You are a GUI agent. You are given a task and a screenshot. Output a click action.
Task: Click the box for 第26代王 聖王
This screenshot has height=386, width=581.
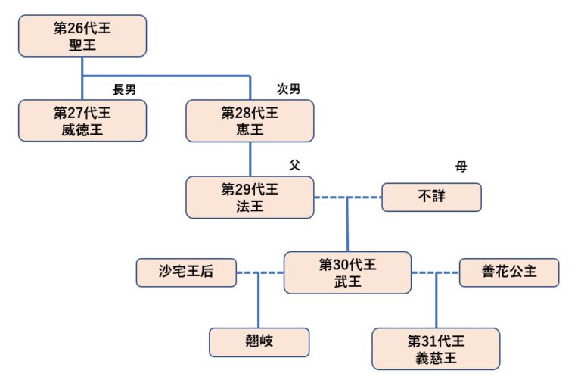[82, 36]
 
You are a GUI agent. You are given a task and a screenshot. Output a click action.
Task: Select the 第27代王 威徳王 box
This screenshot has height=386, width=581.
[82, 120]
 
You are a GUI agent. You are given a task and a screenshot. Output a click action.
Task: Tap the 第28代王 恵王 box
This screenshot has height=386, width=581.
[250, 120]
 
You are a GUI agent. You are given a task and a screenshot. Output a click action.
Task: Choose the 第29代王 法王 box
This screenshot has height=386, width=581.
[250, 197]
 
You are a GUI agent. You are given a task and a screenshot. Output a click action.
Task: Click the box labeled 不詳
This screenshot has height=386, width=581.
[431, 198]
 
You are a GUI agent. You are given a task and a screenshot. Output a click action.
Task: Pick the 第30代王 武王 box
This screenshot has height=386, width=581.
[347, 272]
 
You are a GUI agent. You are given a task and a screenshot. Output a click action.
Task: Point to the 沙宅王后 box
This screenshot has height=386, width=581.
[186, 272]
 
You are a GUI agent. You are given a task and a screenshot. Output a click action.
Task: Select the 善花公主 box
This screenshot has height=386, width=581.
[509, 272]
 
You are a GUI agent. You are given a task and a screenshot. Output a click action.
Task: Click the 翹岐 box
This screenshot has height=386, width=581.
[259, 342]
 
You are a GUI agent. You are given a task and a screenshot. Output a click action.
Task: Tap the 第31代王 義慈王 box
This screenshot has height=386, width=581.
[436, 348]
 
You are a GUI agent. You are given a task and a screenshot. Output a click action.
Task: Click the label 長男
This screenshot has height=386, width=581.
[124, 89]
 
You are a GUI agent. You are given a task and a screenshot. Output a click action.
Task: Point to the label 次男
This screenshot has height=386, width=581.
[288, 89]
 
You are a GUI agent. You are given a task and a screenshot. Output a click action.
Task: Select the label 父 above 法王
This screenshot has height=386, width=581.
[294, 165]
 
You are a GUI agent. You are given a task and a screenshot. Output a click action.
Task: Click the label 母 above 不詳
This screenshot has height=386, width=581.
[461, 166]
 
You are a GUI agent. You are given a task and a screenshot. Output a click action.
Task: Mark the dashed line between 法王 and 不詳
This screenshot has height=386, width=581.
[330, 198]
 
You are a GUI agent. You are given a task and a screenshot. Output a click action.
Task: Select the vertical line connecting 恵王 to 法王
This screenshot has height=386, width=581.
[250, 159]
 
